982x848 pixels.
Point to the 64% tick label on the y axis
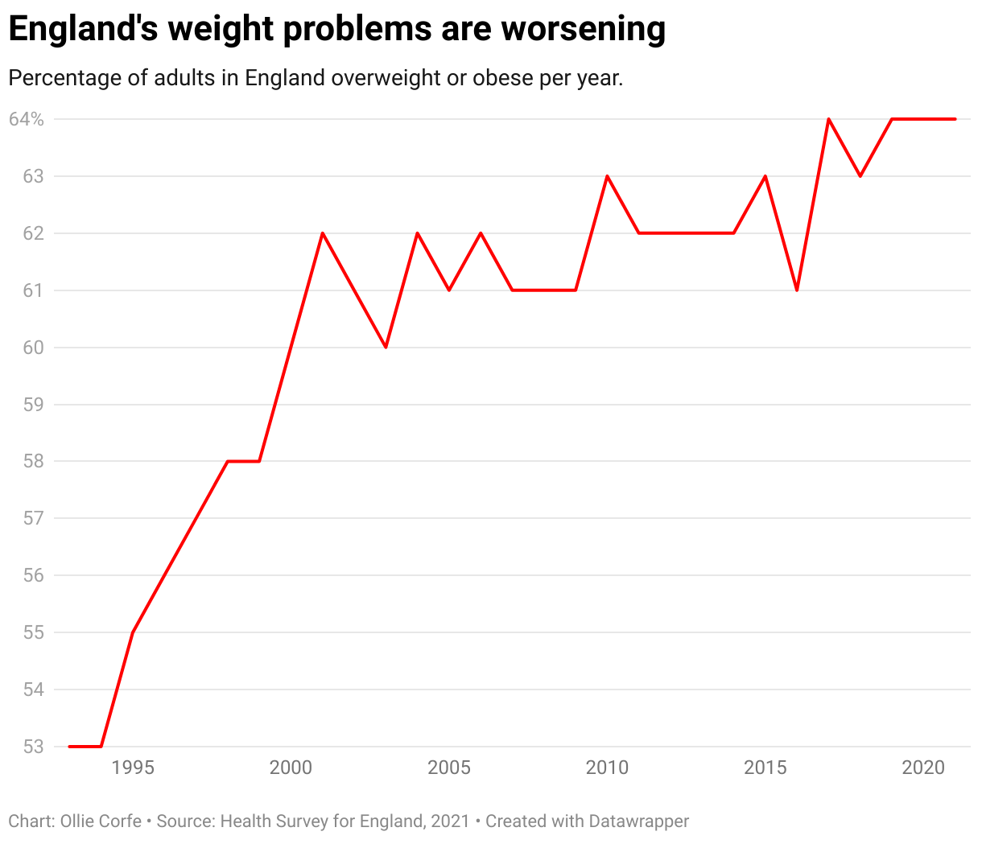pos(27,119)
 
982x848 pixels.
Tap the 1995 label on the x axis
pos(133,768)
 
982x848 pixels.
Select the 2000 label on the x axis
pos(291,768)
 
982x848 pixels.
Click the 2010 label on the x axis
pos(607,768)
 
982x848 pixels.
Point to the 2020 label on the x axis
pos(923,768)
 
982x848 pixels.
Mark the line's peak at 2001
pos(323,233)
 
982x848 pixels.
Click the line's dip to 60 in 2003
pos(386,348)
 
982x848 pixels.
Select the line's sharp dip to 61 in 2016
pos(797,290)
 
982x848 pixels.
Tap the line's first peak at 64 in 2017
pos(828,119)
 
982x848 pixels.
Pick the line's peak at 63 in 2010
pos(607,176)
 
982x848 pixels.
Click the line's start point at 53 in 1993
pos(70,747)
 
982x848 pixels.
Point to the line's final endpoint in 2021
pos(955,119)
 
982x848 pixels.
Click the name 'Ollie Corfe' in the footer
pos(101,821)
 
